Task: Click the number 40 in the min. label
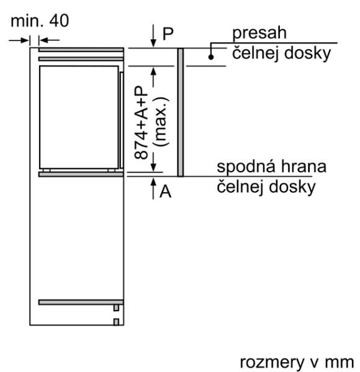point(59,20)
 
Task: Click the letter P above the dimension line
point(168,33)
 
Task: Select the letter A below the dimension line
point(165,192)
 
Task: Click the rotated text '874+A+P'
point(141,123)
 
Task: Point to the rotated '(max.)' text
point(161,122)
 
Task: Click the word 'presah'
point(259,33)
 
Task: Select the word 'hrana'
point(304,166)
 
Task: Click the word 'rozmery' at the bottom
point(272,363)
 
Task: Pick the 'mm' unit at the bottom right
point(340,363)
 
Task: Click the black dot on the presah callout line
point(211,57)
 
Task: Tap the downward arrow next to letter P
point(153,35)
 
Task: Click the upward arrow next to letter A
point(153,188)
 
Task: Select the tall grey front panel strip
point(181,112)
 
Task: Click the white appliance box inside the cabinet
point(79,117)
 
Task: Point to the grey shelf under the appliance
point(81,174)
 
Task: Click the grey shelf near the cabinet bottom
point(81,303)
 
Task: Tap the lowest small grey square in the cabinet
point(116,322)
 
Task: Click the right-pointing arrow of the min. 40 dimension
point(19,40)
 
